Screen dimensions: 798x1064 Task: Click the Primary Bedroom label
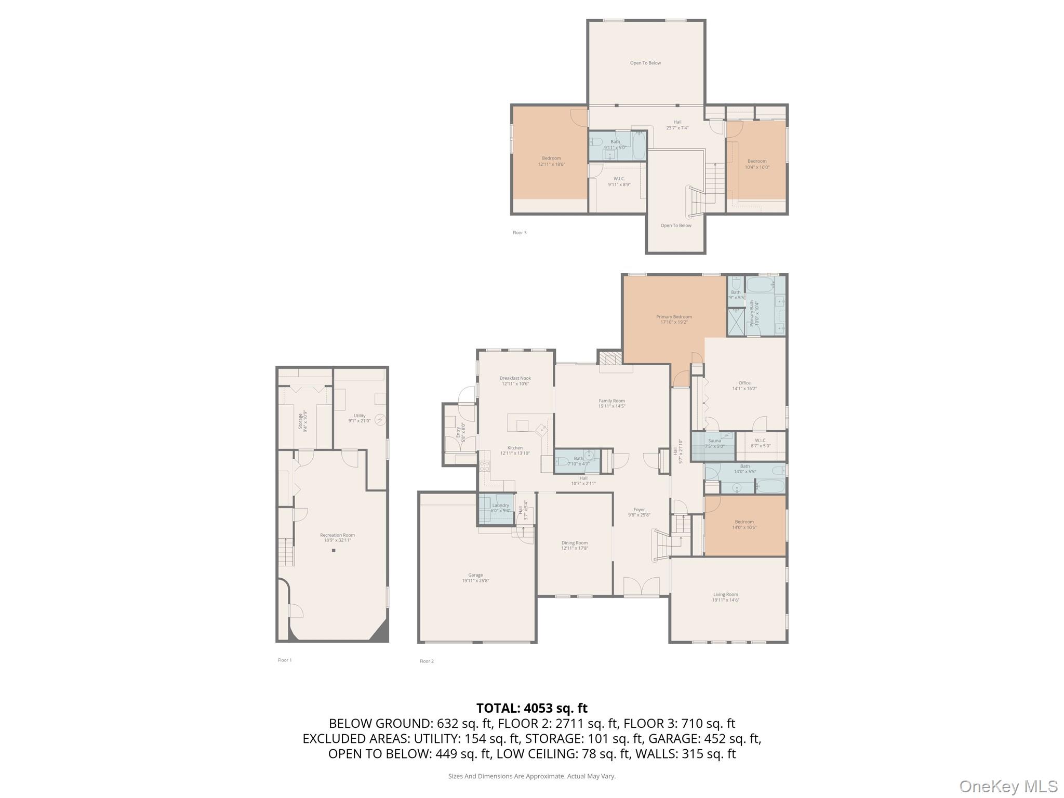674,319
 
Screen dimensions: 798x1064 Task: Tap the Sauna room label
714,443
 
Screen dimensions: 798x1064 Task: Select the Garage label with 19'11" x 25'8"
475,578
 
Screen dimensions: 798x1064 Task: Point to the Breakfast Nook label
515,381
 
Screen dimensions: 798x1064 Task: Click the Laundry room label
501,507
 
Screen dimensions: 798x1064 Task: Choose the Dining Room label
575,545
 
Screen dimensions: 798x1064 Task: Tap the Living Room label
725,597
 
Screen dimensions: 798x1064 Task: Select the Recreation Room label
338,537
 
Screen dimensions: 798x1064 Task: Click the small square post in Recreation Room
334,550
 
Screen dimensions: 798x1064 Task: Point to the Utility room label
360,418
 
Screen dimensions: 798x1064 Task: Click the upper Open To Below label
645,63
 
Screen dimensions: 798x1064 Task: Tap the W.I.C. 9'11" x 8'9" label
619,181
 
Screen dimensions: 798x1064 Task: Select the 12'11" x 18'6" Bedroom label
551,161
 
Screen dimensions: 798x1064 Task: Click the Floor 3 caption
520,233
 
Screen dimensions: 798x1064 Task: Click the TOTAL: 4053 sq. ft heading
531,708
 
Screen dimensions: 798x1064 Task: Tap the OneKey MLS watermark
1008,786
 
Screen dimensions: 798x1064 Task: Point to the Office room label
744,385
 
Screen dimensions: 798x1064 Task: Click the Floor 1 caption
285,660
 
